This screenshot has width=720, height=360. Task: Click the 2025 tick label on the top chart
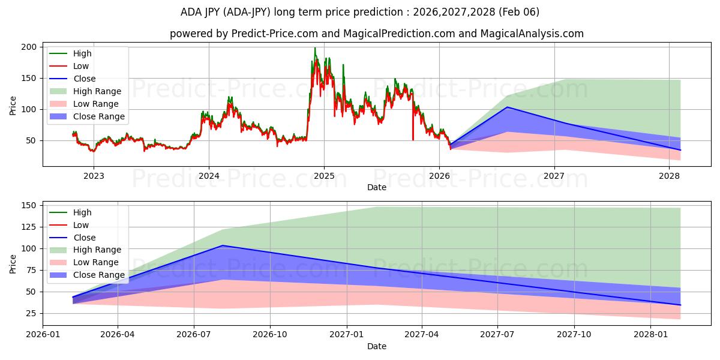324,176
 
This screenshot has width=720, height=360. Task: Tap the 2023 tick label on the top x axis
94,176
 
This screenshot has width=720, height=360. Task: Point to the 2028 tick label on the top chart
670,176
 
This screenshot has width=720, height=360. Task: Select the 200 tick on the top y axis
30,47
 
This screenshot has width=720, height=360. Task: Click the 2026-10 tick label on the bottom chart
270,335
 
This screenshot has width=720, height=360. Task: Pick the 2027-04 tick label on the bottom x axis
422,335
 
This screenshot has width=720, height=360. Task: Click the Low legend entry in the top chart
81,66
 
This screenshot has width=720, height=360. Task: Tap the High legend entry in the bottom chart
82,212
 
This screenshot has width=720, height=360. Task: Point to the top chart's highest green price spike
315,48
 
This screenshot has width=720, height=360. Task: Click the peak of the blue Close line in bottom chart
223,245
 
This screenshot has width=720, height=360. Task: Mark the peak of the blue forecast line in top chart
507,107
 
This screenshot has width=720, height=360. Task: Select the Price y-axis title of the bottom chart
13,263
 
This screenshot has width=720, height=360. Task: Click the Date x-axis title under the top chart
377,188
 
